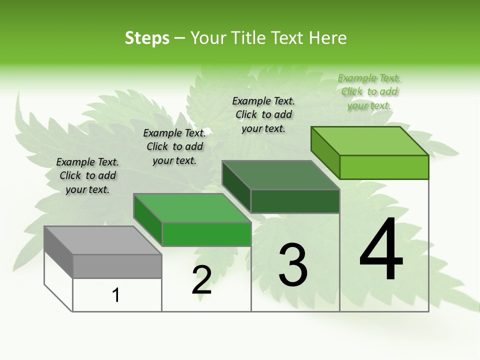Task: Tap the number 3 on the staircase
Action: coord(293,264)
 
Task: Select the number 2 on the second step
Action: coord(201,280)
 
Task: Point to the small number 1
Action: coord(116,295)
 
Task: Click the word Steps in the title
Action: coord(147,38)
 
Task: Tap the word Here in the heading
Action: coord(327,38)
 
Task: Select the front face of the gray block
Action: coord(117,266)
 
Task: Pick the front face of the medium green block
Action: coord(206,234)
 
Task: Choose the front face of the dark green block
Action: coord(295,201)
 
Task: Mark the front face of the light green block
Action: coord(384,167)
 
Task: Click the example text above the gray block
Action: coord(87,175)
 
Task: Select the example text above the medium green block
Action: coord(174,146)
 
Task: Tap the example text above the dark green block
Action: coord(263,114)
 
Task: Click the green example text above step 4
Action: coord(369,91)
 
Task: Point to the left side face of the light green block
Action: coord(325,152)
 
